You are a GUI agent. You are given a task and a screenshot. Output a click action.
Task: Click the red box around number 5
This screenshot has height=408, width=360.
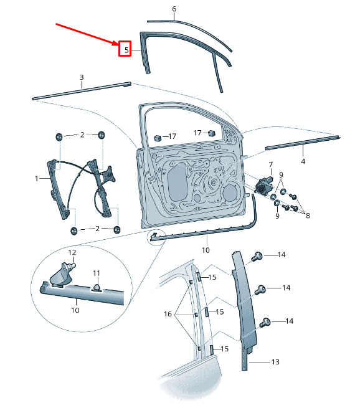tap(125, 49)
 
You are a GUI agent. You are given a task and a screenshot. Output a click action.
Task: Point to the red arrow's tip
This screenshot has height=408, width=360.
tap(118, 44)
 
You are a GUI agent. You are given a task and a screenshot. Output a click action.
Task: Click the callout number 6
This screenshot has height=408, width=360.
tap(174, 9)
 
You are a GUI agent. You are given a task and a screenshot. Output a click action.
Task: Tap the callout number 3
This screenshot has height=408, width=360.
tap(82, 77)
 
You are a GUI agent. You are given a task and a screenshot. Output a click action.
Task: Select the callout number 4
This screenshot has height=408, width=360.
tap(303, 161)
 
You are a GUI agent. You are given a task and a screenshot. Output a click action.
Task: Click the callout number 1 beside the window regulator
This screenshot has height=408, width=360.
tap(37, 179)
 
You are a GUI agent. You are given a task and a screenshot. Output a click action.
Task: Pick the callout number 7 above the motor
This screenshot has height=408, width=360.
tap(271, 164)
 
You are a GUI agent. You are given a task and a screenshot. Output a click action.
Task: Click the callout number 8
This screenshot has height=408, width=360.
tap(308, 216)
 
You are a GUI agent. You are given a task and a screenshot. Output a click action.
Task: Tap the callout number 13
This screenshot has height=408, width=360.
tap(275, 362)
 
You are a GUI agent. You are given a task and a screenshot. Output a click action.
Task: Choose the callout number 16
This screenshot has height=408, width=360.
tap(168, 314)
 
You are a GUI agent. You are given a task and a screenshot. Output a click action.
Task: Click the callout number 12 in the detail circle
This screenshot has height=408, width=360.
tap(72, 252)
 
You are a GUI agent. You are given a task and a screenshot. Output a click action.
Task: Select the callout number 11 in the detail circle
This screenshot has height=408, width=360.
tap(97, 273)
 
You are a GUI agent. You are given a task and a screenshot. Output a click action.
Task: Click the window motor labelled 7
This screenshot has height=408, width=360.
tap(263, 184)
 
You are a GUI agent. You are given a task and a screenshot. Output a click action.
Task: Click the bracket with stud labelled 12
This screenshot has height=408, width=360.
tap(62, 275)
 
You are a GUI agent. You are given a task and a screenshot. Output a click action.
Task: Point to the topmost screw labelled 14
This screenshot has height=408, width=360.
tap(257, 256)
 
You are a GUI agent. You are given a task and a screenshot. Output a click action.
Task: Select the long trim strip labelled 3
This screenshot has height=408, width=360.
tap(82, 90)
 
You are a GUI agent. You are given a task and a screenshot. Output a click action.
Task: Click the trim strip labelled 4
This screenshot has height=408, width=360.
tap(303, 142)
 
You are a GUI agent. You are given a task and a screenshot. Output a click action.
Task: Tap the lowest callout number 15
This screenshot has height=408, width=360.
tap(224, 349)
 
